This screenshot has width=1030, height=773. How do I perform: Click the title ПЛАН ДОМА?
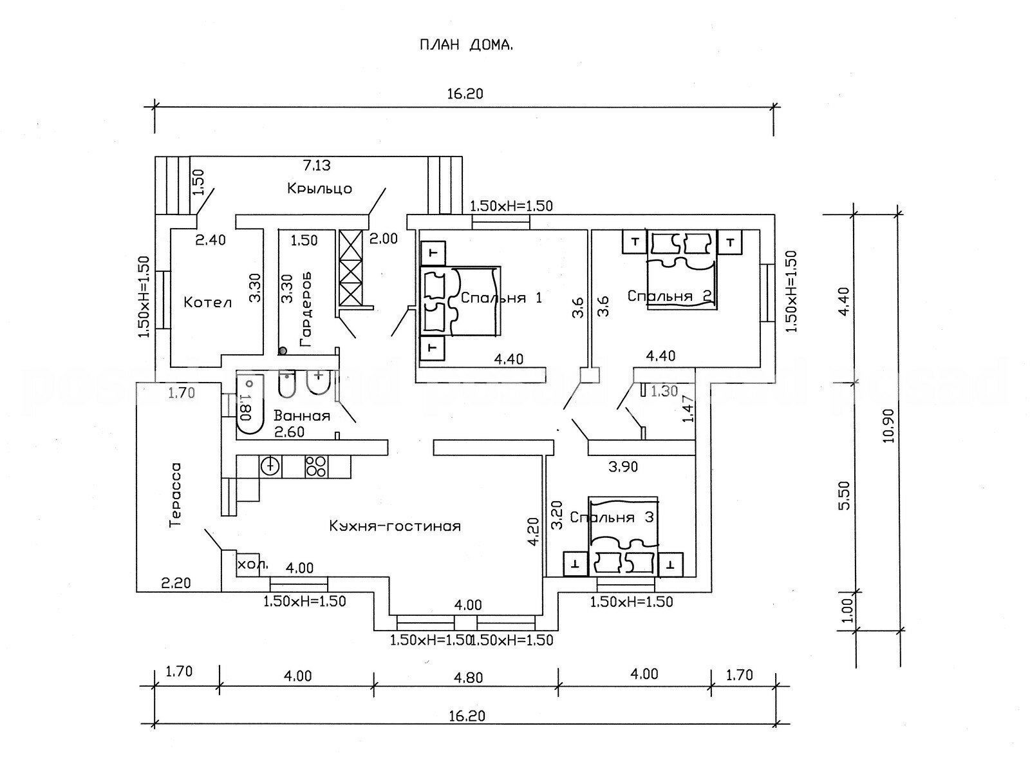pyautogui.click(x=466, y=45)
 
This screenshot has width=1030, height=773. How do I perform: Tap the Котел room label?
pyautogui.click(x=207, y=301)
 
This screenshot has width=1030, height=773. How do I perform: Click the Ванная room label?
pyautogui.click(x=301, y=416)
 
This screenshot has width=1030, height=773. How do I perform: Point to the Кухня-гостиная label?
pyautogui.click(x=395, y=526)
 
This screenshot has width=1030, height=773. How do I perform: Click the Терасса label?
pyautogui.click(x=174, y=495)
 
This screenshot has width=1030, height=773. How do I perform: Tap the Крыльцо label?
pyautogui.click(x=319, y=189)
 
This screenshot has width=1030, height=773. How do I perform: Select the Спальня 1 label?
pyautogui.click(x=501, y=298)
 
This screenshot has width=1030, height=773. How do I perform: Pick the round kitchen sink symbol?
pyautogui.click(x=271, y=465)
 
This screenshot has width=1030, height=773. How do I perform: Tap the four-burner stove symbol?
pyautogui.click(x=315, y=466)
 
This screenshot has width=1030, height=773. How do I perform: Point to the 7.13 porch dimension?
pyautogui.click(x=316, y=166)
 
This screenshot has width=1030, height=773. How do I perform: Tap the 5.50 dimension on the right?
pyautogui.click(x=846, y=494)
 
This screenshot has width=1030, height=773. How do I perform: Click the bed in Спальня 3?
pyautogui.click(x=623, y=535)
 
